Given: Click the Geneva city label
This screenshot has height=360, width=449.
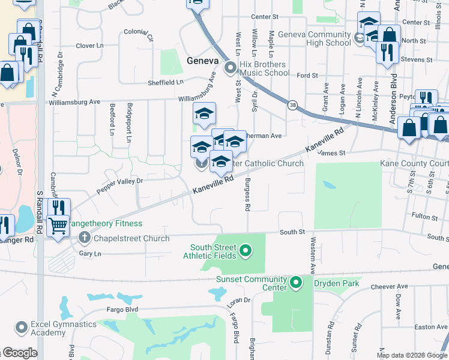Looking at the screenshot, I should click(x=202, y=61).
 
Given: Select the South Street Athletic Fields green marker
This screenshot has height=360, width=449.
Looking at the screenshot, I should click(x=244, y=250).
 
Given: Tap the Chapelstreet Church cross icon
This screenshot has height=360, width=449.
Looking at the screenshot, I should click(x=84, y=238).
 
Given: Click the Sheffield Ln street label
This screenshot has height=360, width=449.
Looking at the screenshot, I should click(x=166, y=82).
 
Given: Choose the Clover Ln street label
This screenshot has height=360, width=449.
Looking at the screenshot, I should click(x=90, y=46).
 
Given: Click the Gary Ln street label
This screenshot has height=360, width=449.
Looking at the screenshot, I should click(x=90, y=254).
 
